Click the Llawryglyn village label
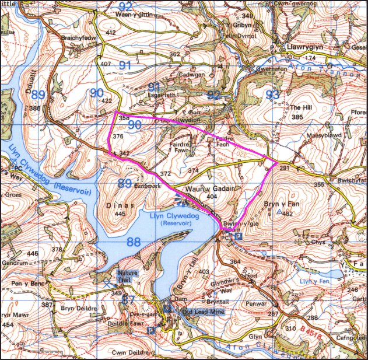click(x=305, y=46)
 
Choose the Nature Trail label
click(x=128, y=275)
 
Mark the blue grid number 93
click(x=272, y=94)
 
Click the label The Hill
click(x=302, y=108)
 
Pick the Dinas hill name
click(x=121, y=205)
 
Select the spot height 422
click(x=107, y=101)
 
